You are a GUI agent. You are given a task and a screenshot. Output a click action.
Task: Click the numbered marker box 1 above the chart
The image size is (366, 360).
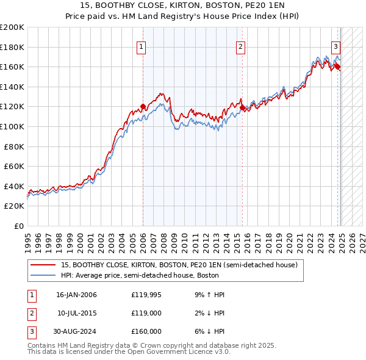tap(142, 46)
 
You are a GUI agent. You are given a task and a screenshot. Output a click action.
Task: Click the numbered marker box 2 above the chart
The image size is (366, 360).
tap(241, 46)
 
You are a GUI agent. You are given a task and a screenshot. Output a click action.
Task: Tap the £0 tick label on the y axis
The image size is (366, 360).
tap(19, 226)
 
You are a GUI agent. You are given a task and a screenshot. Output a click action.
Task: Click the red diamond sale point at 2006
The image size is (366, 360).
tap(143, 107)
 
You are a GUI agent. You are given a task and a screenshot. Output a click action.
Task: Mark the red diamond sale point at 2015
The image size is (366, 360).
tap(242, 108)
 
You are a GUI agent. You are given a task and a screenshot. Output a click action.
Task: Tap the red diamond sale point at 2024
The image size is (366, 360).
tap(337, 67)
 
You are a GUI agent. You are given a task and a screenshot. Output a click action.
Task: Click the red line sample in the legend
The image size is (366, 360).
tap(43, 265)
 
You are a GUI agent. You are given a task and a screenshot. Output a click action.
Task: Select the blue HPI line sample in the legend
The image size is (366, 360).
tap(43, 275)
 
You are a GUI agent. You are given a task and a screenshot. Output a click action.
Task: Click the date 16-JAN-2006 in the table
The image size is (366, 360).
tap(76, 295)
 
